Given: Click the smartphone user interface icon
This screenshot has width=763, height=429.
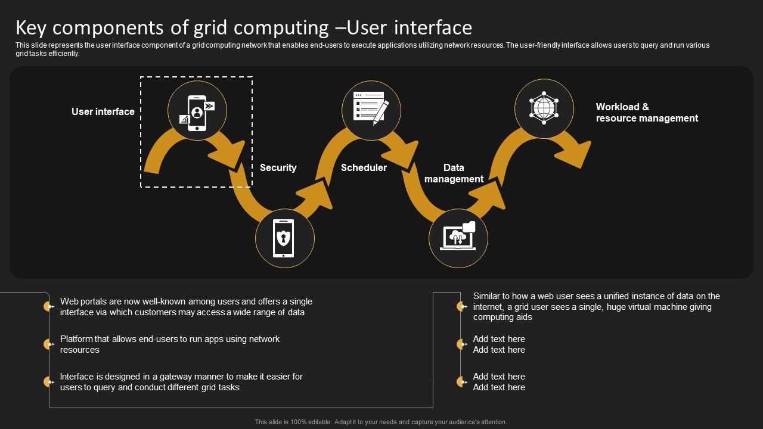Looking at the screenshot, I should (197, 111).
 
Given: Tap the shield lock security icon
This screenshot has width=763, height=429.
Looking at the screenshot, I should (284, 238).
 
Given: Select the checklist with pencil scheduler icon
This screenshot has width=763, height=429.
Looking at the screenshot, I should (371, 109).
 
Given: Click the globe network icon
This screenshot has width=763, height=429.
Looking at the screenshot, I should (544, 108).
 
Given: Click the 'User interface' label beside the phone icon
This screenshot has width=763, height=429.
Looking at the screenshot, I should (103, 111).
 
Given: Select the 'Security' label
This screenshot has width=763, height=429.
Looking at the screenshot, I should (278, 167).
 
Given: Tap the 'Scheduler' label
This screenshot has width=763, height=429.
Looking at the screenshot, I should (364, 167).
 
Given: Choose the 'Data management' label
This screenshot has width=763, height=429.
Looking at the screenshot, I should (454, 173).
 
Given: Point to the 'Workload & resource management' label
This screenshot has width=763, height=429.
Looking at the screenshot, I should (647, 113).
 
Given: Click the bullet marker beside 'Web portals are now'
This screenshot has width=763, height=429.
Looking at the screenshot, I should (48, 307).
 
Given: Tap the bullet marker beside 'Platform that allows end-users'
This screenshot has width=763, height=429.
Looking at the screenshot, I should (48, 344).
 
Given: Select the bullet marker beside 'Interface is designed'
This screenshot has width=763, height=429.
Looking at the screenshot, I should (48, 382).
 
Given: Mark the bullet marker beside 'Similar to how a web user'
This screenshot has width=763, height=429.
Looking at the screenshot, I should (461, 307).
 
